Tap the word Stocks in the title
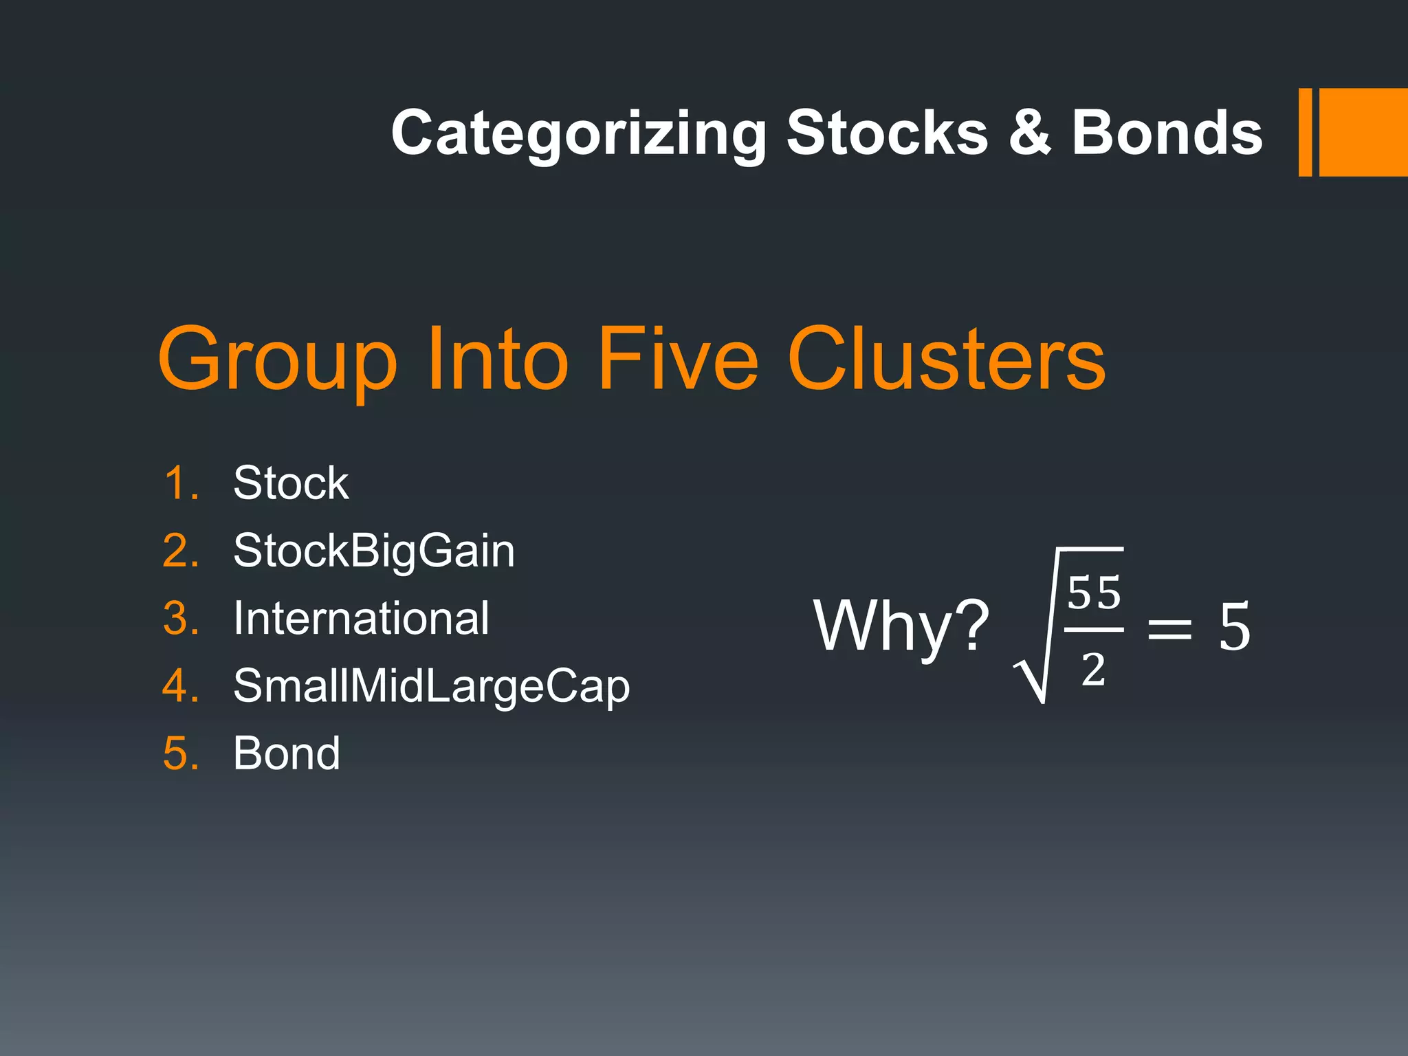(x=886, y=133)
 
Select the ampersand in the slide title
(x=1029, y=133)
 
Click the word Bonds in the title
(x=1167, y=133)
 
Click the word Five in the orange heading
(x=677, y=358)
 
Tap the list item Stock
(x=290, y=483)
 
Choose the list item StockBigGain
(x=373, y=551)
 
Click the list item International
(x=361, y=618)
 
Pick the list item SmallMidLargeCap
(x=431, y=686)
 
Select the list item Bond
(x=286, y=753)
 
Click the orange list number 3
(x=180, y=618)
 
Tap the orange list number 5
(x=180, y=753)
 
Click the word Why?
(x=901, y=626)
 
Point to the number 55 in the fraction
(x=1094, y=593)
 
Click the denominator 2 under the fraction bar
(x=1093, y=669)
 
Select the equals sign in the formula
(x=1169, y=628)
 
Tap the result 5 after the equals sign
(x=1234, y=626)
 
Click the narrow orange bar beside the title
(x=1305, y=133)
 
